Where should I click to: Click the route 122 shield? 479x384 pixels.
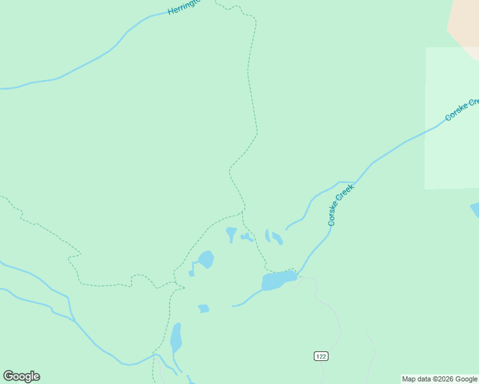pyautogui.click(x=321, y=356)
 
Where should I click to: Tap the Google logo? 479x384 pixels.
pyautogui.click(x=21, y=376)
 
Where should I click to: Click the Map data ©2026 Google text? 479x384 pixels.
pyautogui.click(x=440, y=379)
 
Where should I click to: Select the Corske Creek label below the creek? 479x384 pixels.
pyautogui.click(x=341, y=205)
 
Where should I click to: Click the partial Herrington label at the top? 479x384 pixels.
pyautogui.click(x=184, y=7)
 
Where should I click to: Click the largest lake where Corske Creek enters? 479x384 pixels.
pyautogui.click(x=278, y=280)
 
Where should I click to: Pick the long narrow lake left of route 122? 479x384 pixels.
pyautogui.click(x=175, y=338)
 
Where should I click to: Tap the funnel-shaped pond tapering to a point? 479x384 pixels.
pyautogui.click(x=231, y=234)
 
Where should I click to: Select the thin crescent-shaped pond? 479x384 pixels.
pyautogui.click(x=268, y=236)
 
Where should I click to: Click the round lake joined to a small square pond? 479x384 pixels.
pyautogui.click(x=206, y=259)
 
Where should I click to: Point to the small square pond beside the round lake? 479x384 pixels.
pyautogui.click(x=191, y=273)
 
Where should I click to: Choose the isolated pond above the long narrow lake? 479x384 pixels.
pyautogui.click(x=204, y=308)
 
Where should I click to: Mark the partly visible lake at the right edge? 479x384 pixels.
pyautogui.click(x=475, y=210)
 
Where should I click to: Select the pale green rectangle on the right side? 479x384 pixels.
pyautogui.click(x=451, y=118)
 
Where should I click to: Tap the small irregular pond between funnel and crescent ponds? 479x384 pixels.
pyautogui.click(x=247, y=237)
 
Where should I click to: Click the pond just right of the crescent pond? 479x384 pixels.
pyautogui.click(x=277, y=239)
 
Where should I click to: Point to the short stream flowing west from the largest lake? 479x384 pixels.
pyautogui.click(x=247, y=300)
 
